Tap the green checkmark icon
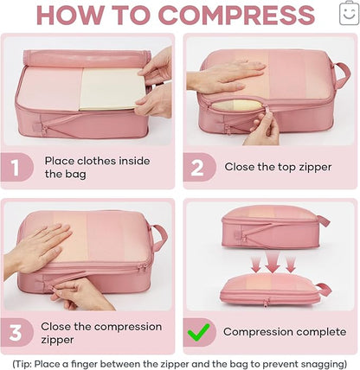tap(198, 332)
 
